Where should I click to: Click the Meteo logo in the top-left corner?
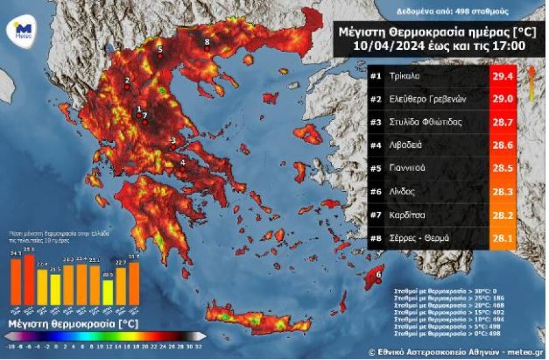point(23,30)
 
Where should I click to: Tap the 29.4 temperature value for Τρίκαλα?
point(503,76)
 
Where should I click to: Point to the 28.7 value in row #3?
point(503,122)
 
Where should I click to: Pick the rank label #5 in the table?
point(376,168)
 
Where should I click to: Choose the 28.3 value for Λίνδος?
point(503,192)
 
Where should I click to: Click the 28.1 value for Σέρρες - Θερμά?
point(503,238)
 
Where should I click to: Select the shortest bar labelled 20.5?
point(107,292)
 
